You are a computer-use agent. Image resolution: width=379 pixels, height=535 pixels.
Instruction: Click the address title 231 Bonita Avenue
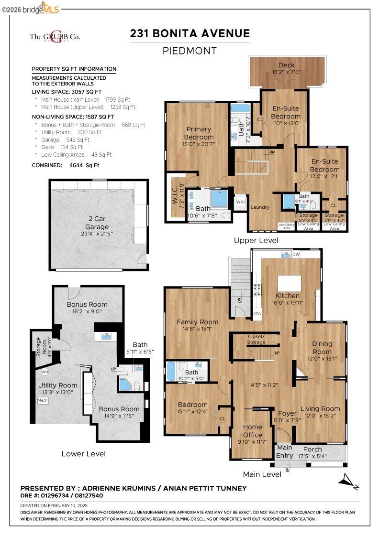(189, 33)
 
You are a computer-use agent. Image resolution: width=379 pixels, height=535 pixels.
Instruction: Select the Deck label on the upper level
(286, 65)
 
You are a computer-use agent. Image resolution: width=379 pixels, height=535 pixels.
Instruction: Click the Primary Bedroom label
(199, 133)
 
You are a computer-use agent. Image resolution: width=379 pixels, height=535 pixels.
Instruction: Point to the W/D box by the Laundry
(241, 202)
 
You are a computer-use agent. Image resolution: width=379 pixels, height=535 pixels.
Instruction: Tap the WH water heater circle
(45, 372)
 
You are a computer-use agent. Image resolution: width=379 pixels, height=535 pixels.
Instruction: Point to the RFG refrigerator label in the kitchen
(257, 314)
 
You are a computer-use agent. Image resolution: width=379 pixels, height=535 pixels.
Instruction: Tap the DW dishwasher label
(296, 255)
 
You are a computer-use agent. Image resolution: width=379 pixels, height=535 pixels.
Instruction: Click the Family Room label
(197, 322)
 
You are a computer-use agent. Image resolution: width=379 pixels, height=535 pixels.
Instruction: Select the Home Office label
(252, 430)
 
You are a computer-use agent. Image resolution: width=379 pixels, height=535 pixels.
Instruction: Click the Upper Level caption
(256, 241)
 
